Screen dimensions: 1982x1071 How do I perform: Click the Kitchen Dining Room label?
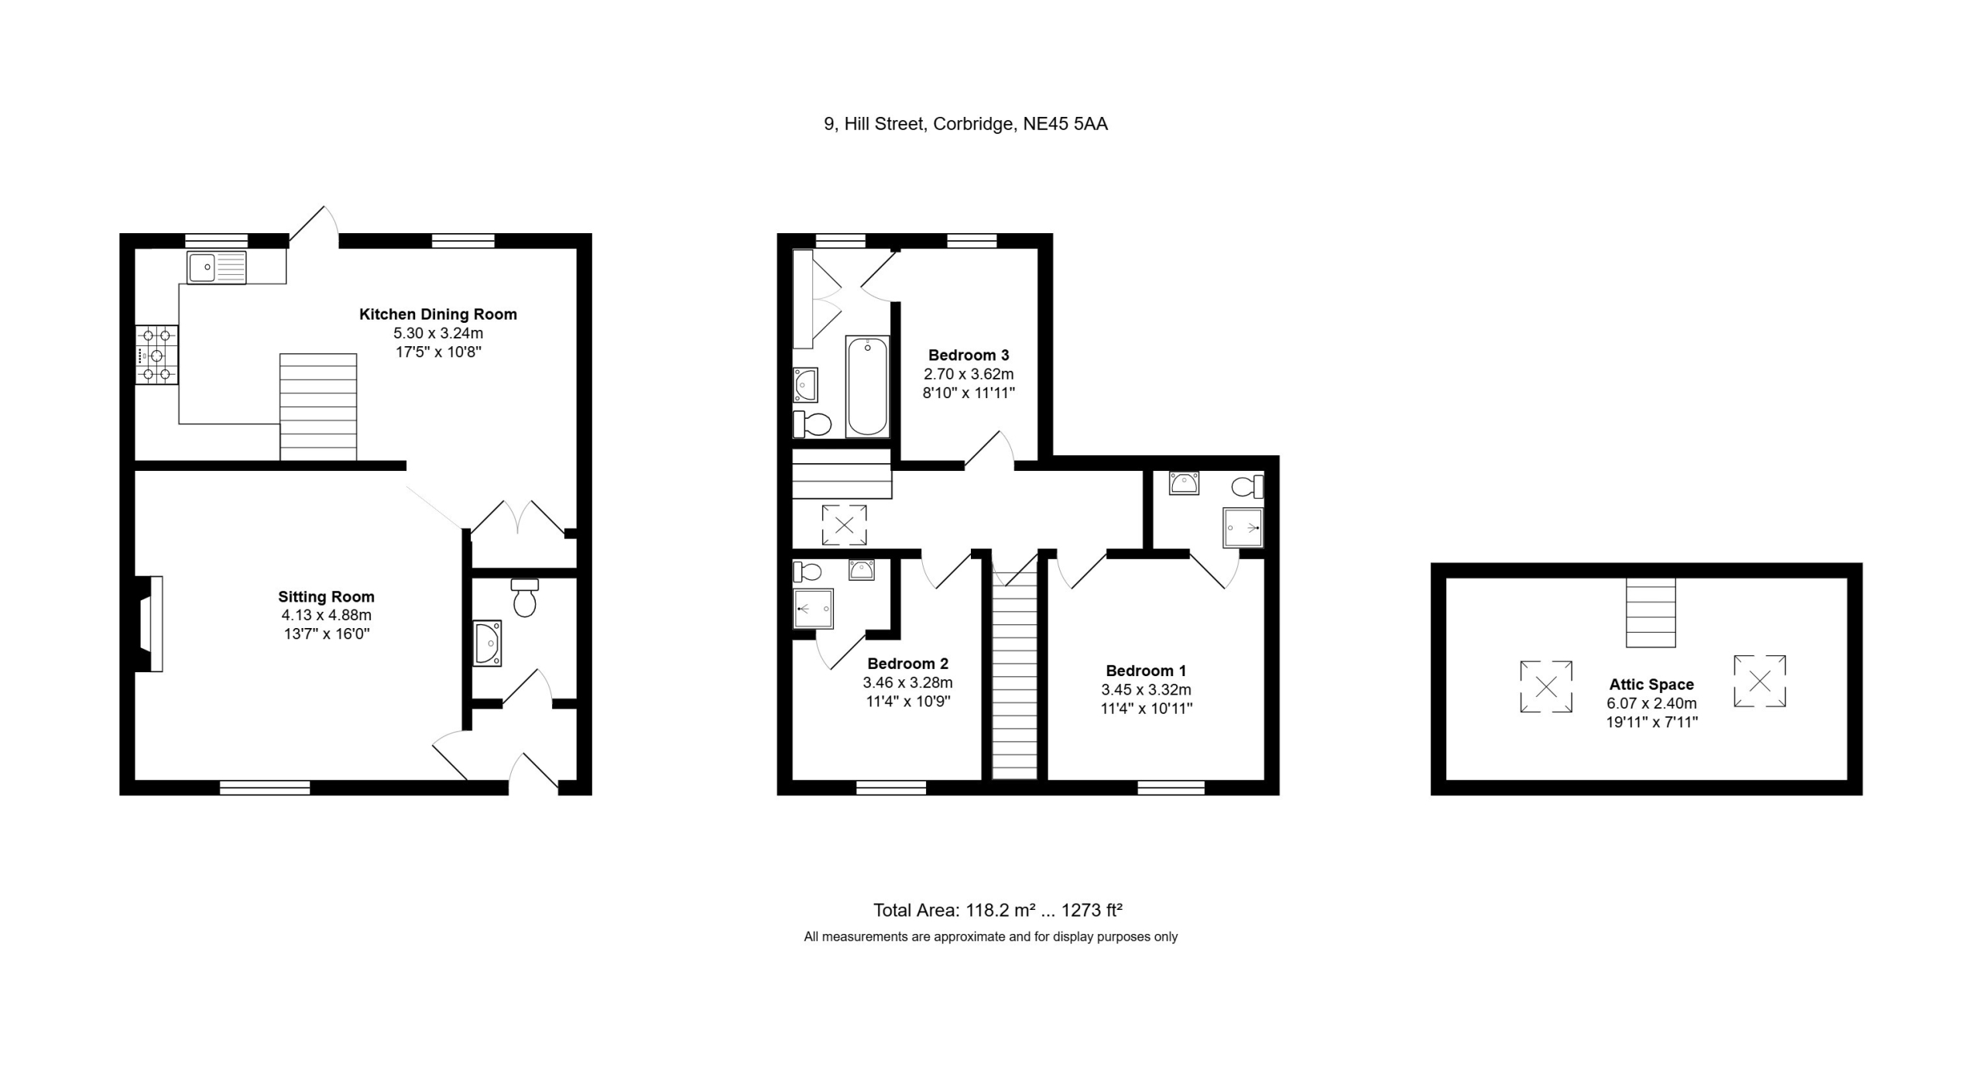click(x=437, y=314)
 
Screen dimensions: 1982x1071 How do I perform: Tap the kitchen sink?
click(x=216, y=268)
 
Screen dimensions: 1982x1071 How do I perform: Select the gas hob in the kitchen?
click(x=157, y=355)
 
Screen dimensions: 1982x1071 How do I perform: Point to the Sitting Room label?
click(x=326, y=597)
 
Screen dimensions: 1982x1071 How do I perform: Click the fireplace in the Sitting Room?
click(x=149, y=623)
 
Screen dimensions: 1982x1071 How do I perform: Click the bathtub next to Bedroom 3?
click(x=867, y=386)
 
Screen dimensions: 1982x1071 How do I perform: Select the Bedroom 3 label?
click(x=969, y=355)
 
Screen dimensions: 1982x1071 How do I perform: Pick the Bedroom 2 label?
click(x=907, y=664)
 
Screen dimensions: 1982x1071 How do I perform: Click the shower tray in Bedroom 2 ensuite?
click(x=814, y=609)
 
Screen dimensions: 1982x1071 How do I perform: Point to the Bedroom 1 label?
click(x=1146, y=671)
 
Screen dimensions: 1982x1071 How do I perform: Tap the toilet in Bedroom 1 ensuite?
click(x=1247, y=487)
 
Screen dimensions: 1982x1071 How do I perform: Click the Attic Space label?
click(x=1651, y=685)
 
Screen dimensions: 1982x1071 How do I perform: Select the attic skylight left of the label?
click(x=1546, y=686)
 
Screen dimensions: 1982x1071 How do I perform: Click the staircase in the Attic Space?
click(x=1651, y=613)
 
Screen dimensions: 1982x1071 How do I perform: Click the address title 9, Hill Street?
click(x=966, y=124)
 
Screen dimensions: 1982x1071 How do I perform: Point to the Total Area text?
click(x=998, y=910)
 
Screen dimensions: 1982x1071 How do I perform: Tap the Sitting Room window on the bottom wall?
click(x=265, y=788)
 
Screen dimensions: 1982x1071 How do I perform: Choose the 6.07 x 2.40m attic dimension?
click(x=1651, y=704)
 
